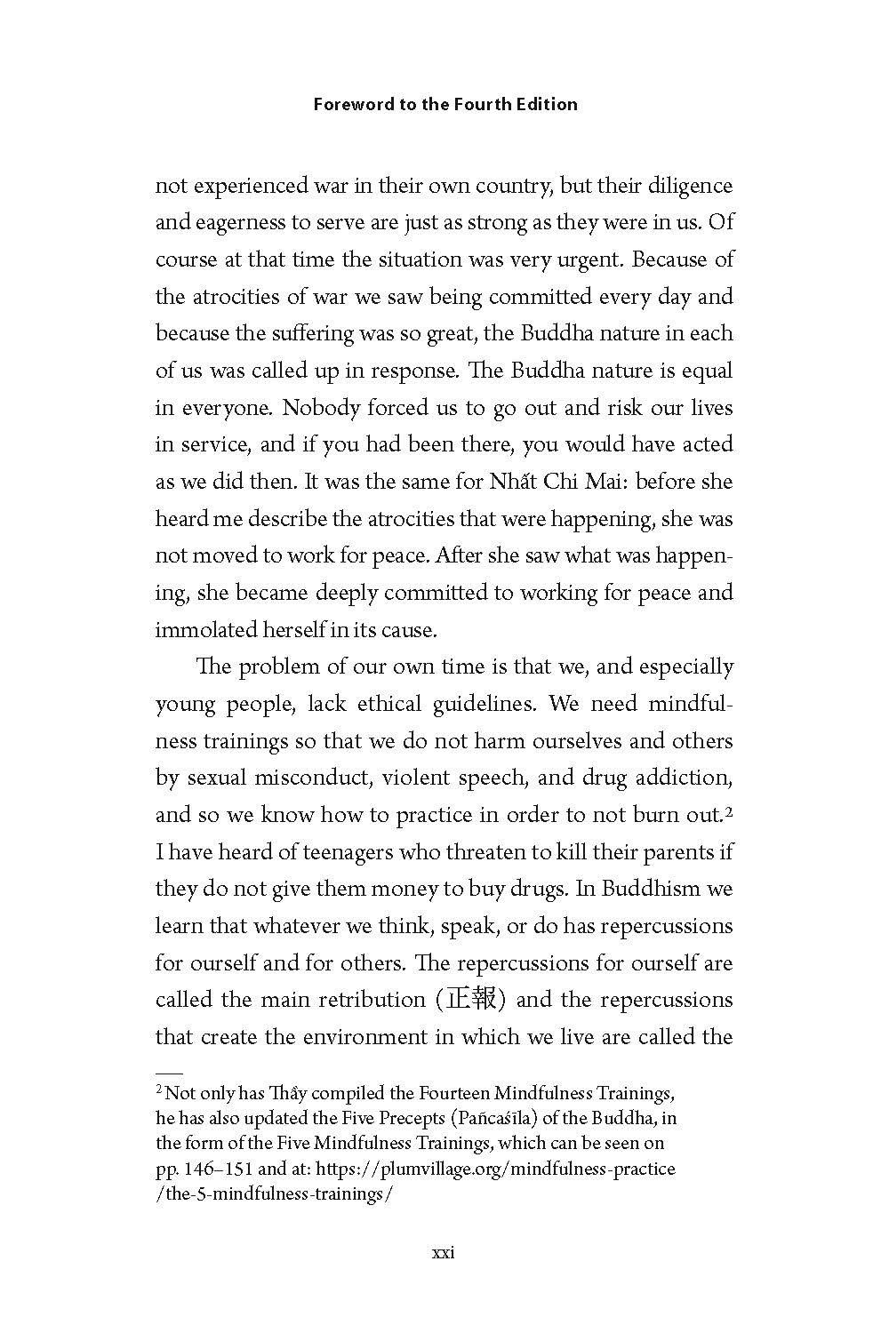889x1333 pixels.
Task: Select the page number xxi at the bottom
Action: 443,1253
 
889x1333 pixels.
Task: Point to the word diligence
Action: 689,186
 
